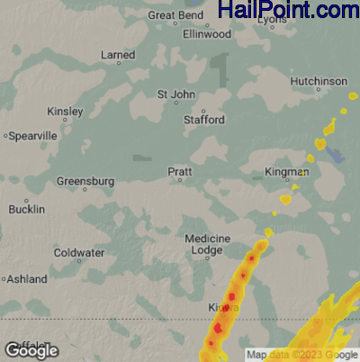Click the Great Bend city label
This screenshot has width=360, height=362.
pyautogui.click(x=175, y=15)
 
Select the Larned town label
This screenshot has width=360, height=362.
pyautogui.click(x=118, y=55)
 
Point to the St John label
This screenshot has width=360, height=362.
pyautogui.click(x=175, y=94)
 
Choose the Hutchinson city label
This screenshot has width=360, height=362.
pyautogui.click(x=319, y=81)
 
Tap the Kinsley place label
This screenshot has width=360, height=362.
pyautogui.click(x=65, y=112)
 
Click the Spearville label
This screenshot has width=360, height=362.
pyautogui.click(x=33, y=135)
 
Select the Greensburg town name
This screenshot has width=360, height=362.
pyautogui.click(x=85, y=181)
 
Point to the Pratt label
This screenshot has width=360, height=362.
pyautogui.click(x=180, y=170)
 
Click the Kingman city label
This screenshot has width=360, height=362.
pyautogui.click(x=286, y=171)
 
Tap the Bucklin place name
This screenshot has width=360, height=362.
pyautogui.click(x=26, y=209)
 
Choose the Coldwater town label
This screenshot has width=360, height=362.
pyautogui.click(x=79, y=253)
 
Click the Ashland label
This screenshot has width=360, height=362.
pyautogui.click(x=27, y=279)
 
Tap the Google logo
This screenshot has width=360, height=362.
pyautogui.click(x=31, y=350)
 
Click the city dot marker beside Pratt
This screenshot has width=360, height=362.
pyautogui.click(x=180, y=180)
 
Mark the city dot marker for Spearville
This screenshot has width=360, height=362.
pyautogui.click(x=5, y=136)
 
